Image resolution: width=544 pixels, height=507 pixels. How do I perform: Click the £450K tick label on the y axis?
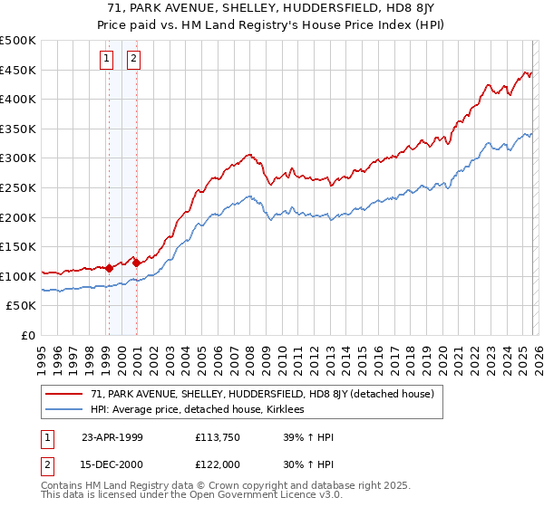click(18, 70)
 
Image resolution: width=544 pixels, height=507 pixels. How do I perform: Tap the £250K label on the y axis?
click(18, 187)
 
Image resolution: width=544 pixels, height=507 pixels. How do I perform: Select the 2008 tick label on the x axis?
click(249, 354)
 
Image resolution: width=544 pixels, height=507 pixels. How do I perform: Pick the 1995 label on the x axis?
click(42, 354)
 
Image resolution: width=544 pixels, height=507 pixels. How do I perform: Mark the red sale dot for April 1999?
click(110, 268)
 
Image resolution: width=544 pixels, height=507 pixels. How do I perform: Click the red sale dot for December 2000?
click(136, 263)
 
